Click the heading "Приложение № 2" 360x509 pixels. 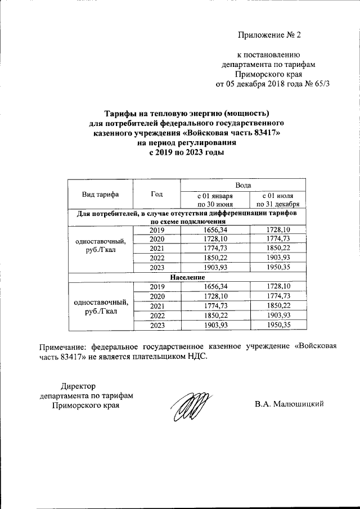click(x=269, y=35)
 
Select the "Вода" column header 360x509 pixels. click(x=244, y=185)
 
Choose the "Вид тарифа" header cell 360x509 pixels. click(x=100, y=194)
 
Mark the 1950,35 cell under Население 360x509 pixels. click(x=279, y=325)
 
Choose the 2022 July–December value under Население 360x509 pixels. click(x=279, y=316)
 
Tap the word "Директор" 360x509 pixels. click(x=78, y=386)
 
